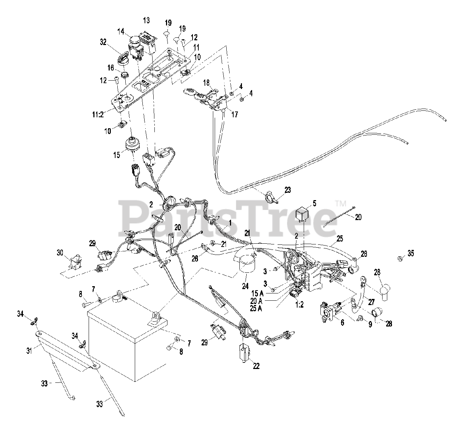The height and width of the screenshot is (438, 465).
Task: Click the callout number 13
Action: (x=146, y=20)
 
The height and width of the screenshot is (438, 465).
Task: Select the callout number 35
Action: (x=410, y=253)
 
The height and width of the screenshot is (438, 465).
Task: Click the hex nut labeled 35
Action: (x=399, y=259)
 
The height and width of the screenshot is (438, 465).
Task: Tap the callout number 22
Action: (x=256, y=366)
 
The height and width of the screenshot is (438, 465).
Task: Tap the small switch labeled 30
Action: (x=75, y=261)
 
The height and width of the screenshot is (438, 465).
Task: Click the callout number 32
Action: (x=103, y=42)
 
